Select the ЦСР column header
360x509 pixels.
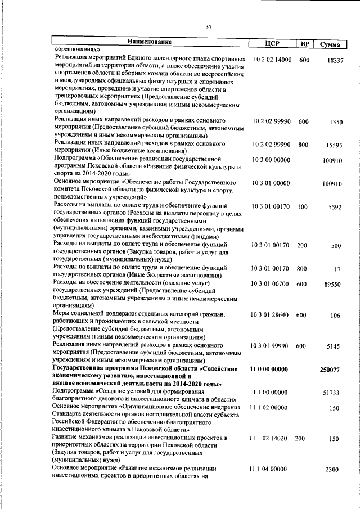coord(272,44)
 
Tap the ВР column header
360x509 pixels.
coord(304,44)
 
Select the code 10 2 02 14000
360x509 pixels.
coord(272,59)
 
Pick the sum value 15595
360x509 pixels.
coord(334,145)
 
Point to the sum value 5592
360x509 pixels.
coord(336,208)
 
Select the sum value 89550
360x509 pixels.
coord(333,285)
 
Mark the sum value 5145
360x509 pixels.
coord(334,347)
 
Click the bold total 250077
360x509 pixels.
coord(331,370)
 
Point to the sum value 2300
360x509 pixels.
coord(334,470)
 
